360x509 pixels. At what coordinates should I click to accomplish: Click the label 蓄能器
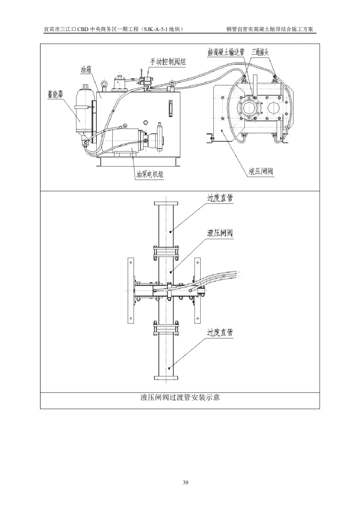pyautogui.click(x=55, y=94)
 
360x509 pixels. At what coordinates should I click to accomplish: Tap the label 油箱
pyautogui.click(x=86, y=69)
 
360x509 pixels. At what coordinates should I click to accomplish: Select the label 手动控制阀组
pyautogui.click(x=168, y=61)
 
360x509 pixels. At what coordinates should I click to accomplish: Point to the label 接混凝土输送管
pyautogui.click(x=226, y=52)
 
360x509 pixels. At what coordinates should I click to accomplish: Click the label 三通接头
pyautogui.click(x=260, y=52)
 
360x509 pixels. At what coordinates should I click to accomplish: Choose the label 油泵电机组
pyautogui.click(x=150, y=174)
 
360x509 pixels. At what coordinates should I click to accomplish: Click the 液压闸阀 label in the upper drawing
pyautogui.click(x=261, y=171)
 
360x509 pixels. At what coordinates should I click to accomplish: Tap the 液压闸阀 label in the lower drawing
pyautogui.click(x=220, y=233)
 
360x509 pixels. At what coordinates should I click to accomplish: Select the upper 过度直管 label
pyautogui.click(x=220, y=198)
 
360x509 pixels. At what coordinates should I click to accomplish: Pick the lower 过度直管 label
pyautogui.click(x=220, y=332)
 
